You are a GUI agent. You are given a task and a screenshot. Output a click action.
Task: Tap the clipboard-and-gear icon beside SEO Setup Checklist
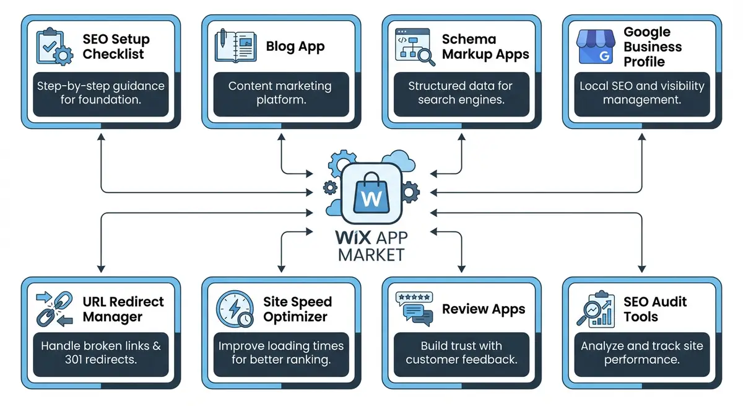(x=54, y=46)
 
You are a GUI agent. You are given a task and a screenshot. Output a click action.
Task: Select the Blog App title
(x=295, y=46)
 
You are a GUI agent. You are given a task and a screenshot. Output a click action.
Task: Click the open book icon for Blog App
(x=235, y=46)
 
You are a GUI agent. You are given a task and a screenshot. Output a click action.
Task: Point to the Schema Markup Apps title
(x=485, y=46)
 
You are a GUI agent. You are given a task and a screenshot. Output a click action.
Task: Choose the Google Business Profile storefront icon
(x=596, y=46)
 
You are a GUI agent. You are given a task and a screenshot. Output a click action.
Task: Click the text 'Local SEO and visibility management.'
(x=642, y=93)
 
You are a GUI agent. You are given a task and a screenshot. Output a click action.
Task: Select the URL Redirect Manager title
(x=123, y=309)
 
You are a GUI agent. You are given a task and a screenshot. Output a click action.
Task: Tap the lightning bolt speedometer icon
(x=235, y=309)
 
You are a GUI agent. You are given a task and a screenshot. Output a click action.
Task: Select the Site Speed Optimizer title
(x=298, y=309)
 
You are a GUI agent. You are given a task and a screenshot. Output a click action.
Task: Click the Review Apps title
(x=484, y=309)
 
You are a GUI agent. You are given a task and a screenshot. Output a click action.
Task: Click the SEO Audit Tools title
(x=655, y=309)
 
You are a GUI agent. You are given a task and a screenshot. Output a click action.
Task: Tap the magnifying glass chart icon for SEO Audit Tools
(x=596, y=309)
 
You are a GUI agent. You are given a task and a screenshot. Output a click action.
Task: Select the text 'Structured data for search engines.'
(x=461, y=93)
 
